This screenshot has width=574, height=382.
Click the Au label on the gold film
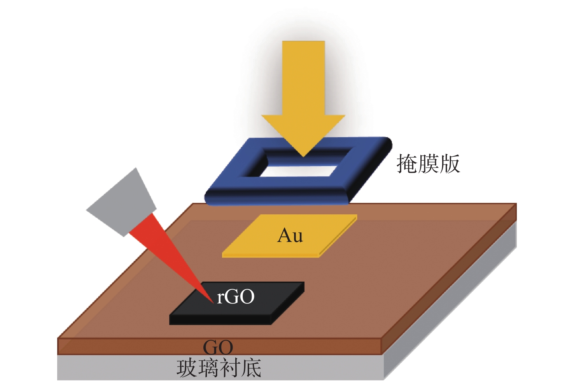tap(290, 235)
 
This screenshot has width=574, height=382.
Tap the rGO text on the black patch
tap(236, 297)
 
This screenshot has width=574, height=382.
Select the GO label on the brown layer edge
tap(218, 347)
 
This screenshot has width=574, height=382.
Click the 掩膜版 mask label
tap(428, 163)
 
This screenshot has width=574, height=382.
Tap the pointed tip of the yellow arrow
tap(303, 156)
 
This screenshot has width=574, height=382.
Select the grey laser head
tap(121, 203)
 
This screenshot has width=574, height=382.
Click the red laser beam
tap(170, 256)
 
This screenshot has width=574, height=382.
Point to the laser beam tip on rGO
tap(213, 303)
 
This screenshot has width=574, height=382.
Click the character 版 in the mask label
tap(450, 163)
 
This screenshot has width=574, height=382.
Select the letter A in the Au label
tap(284, 235)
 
